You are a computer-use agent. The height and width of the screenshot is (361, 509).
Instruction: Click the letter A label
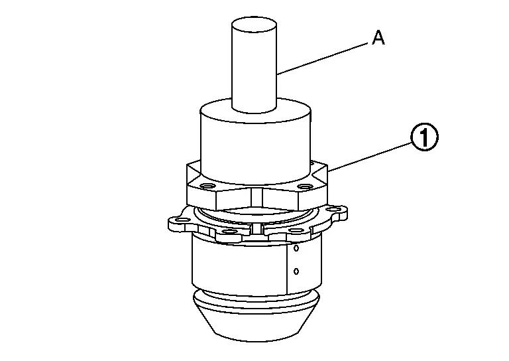[x=378, y=38]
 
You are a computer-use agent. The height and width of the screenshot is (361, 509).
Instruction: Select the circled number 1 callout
[x=425, y=137]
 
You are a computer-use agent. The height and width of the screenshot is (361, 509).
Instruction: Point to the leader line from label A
[x=323, y=59]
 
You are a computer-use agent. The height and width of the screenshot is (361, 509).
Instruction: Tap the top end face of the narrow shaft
[x=254, y=25]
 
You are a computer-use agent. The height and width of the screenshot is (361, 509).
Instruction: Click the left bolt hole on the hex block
[x=208, y=186]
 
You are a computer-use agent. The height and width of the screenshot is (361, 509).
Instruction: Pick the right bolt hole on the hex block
[x=305, y=186]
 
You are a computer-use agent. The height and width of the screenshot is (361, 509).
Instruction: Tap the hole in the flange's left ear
[x=181, y=220]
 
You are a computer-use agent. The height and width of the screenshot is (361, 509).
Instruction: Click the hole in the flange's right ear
[x=334, y=209]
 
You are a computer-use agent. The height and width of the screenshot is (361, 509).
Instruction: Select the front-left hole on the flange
[x=230, y=232]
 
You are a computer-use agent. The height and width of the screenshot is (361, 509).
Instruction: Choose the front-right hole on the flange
[x=296, y=230]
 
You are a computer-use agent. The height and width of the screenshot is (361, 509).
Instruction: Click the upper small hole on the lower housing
[x=296, y=249]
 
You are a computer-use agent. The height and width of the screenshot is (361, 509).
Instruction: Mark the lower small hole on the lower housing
[x=296, y=271]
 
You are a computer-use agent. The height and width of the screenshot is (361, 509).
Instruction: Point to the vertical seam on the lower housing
[x=287, y=267]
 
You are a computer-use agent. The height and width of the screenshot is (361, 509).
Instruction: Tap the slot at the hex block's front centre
[x=256, y=198]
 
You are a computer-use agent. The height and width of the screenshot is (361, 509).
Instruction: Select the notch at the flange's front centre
[x=257, y=229]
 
